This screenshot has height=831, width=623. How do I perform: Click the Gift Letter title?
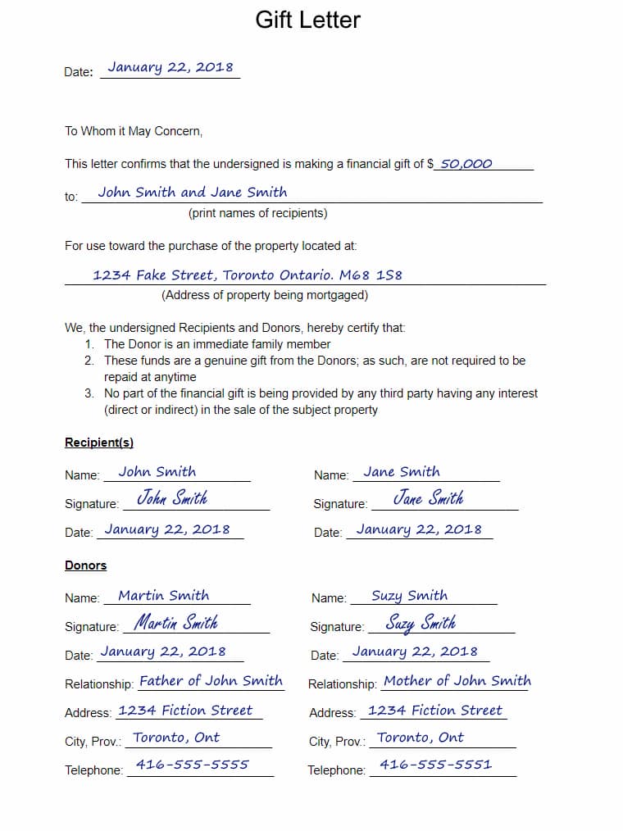point(307,20)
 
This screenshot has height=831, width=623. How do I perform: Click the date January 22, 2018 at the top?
point(170,67)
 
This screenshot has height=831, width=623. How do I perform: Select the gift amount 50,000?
point(466,163)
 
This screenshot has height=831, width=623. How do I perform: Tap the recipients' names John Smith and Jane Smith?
point(193,193)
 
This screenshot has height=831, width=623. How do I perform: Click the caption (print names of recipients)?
point(257,213)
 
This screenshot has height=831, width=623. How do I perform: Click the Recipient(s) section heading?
point(99,443)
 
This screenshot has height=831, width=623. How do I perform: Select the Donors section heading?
point(86,565)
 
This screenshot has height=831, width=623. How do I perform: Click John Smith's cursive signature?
point(172,498)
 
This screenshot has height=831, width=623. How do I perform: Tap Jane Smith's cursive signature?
point(428,498)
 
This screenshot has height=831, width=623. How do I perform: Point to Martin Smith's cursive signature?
point(175,623)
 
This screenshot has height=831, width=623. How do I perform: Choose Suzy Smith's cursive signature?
point(421,624)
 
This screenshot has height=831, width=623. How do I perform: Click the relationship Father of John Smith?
point(211,681)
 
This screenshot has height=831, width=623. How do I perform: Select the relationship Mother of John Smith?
point(457,681)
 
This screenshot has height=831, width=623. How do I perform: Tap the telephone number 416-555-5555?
point(192,765)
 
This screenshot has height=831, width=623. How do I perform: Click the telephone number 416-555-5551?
point(436,765)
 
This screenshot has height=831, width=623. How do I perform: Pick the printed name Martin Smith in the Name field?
point(163,596)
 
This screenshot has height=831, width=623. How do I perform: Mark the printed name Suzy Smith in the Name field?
point(409,596)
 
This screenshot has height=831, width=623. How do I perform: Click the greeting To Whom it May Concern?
point(134,131)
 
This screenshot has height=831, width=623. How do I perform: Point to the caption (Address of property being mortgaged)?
point(265,295)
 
